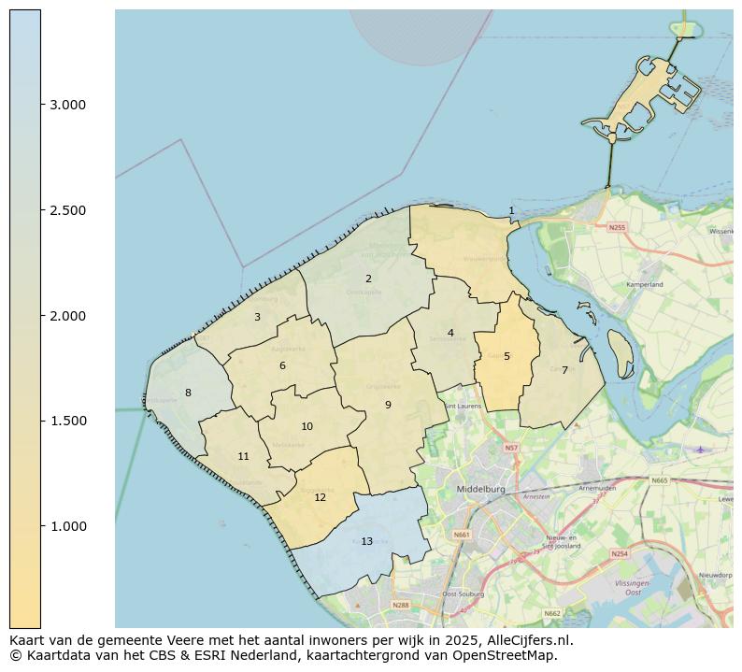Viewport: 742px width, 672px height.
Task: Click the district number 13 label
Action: click(x=366, y=541)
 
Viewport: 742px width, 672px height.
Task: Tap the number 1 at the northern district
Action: click(x=511, y=211)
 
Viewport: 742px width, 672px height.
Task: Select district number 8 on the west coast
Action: click(x=188, y=393)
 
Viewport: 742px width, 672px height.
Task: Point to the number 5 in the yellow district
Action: click(x=507, y=356)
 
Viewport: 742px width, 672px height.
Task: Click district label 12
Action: click(x=320, y=497)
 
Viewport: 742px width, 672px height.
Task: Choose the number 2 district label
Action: click(x=368, y=279)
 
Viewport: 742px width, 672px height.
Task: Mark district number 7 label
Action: click(x=564, y=370)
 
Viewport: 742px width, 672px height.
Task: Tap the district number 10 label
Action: click(x=307, y=426)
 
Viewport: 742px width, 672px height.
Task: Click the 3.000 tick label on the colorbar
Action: click(x=67, y=105)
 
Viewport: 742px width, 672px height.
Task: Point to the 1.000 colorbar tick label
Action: click(x=67, y=526)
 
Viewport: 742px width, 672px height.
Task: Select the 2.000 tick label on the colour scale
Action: click(x=67, y=316)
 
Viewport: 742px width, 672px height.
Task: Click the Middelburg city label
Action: click(x=480, y=489)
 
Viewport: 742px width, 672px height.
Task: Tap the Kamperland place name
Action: click(x=644, y=284)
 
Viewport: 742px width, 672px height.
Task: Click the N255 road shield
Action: click(x=617, y=227)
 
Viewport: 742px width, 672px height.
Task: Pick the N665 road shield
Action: click(x=660, y=480)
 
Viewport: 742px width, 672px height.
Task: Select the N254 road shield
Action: click(x=620, y=553)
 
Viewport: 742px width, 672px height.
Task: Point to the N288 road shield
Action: click(x=401, y=605)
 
